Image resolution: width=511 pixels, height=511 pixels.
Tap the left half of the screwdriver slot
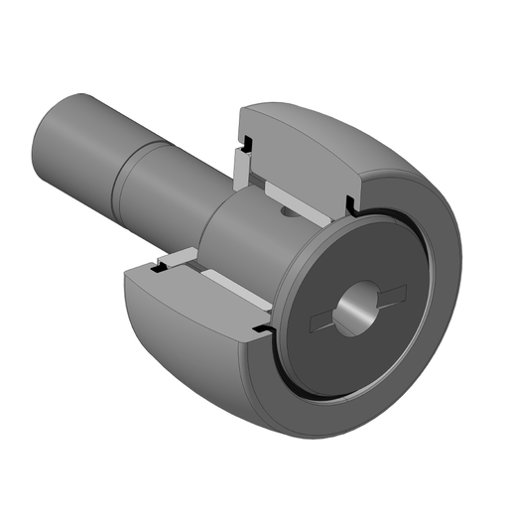point(324,320)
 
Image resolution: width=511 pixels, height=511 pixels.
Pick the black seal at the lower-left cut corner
point(156,265)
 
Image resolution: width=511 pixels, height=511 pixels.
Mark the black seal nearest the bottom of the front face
point(262,326)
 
